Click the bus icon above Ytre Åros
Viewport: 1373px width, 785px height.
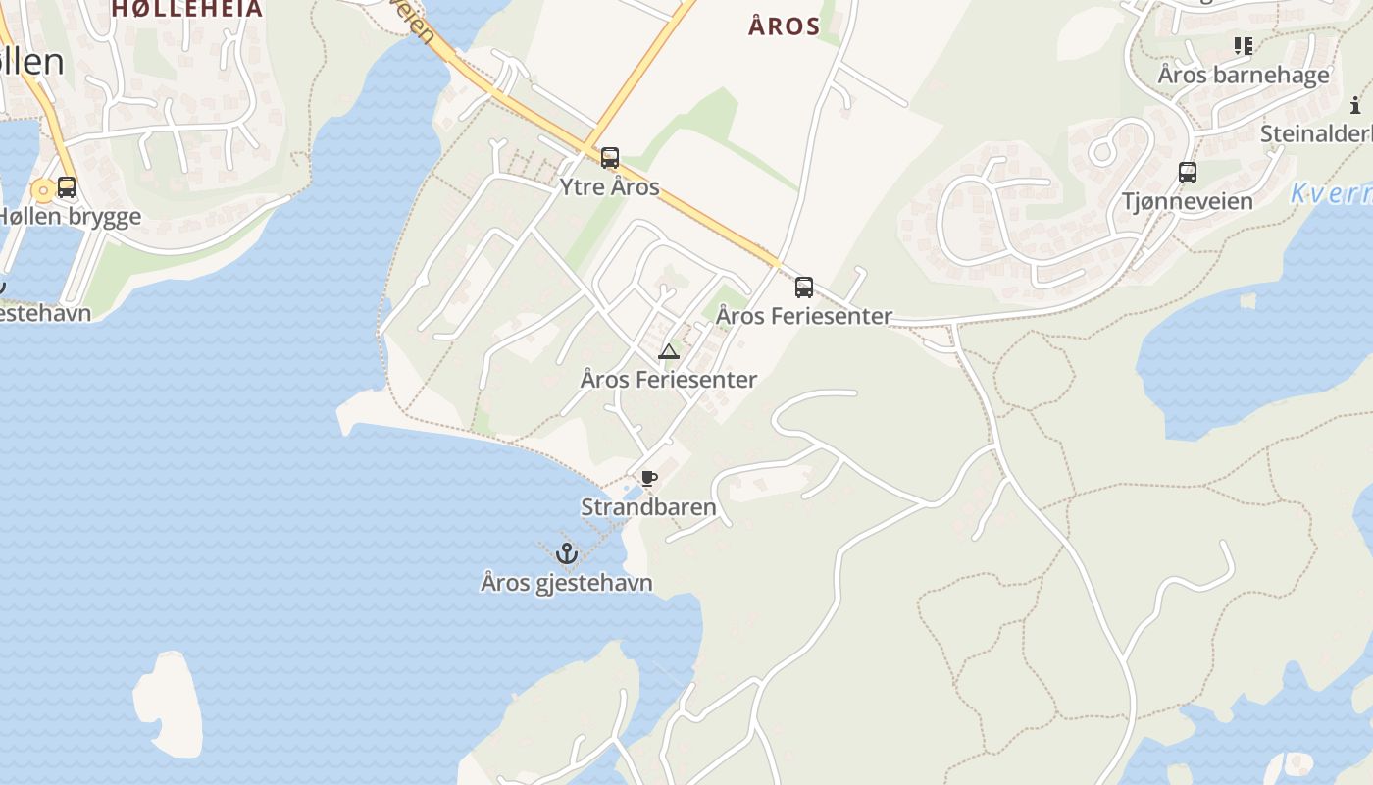pyautogui.click(x=610, y=158)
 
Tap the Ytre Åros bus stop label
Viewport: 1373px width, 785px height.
pyautogui.click(x=610, y=186)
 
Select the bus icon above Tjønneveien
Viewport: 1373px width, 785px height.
pyautogui.click(x=1188, y=173)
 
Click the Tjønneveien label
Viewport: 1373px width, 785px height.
pyautogui.click(x=1188, y=201)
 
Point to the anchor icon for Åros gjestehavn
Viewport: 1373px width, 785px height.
pyautogui.click(x=566, y=553)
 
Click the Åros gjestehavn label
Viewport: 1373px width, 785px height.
pyautogui.click(x=567, y=583)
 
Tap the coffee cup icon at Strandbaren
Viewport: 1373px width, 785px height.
pyautogui.click(x=648, y=479)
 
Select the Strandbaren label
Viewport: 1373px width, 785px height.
pyautogui.click(x=648, y=507)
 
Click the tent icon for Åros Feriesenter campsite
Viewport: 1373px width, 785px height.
pyautogui.click(x=669, y=352)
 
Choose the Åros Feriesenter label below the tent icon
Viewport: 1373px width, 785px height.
pyautogui.click(x=669, y=379)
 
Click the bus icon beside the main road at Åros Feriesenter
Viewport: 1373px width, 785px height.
pyautogui.click(x=804, y=288)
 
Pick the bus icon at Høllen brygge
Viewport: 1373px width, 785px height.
pyautogui.click(x=67, y=187)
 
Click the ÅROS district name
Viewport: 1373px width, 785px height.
pyautogui.click(x=784, y=26)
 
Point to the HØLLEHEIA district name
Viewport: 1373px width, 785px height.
pyautogui.click(x=187, y=9)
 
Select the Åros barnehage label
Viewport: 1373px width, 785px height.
pyautogui.click(x=1244, y=75)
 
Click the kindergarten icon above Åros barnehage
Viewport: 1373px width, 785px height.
pyautogui.click(x=1244, y=45)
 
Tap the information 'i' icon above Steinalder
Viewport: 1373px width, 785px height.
pyautogui.click(x=1355, y=105)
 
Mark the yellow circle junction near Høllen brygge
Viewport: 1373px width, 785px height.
pyautogui.click(x=42, y=190)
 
